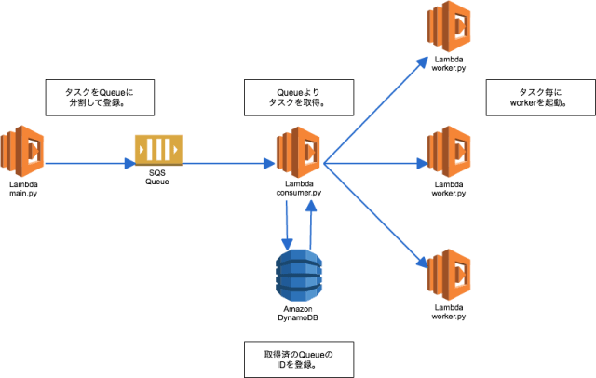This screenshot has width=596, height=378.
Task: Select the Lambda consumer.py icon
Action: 299,151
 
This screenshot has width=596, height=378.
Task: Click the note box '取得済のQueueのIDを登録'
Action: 298,358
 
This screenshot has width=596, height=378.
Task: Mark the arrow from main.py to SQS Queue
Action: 88,164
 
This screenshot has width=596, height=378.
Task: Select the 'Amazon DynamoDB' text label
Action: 299,312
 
